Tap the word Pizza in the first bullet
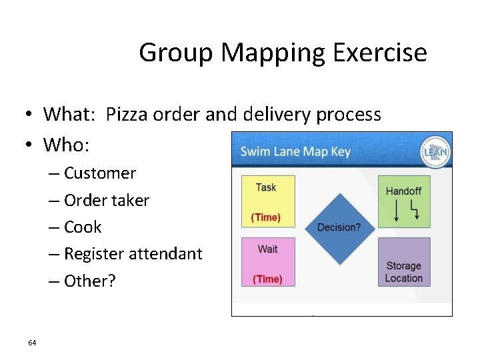click(x=127, y=115)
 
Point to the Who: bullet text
click(x=66, y=144)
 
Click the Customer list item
click(x=99, y=173)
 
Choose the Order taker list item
click(x=107, y=201)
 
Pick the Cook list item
click(x=83, y=227)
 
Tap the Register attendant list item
click(x=133, y=254)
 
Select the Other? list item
click(x=89, y=281)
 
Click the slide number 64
click(x=32, y=343)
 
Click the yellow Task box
click(x=266, y=201)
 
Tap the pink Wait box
click(x=267, y=262)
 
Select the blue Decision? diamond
click(x=339, y=227)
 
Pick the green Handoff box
click(x=404, y=201)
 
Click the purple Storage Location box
click(x=404, y=262)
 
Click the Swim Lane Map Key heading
click(x=295, y=151)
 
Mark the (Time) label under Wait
click(x=267, y=279)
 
